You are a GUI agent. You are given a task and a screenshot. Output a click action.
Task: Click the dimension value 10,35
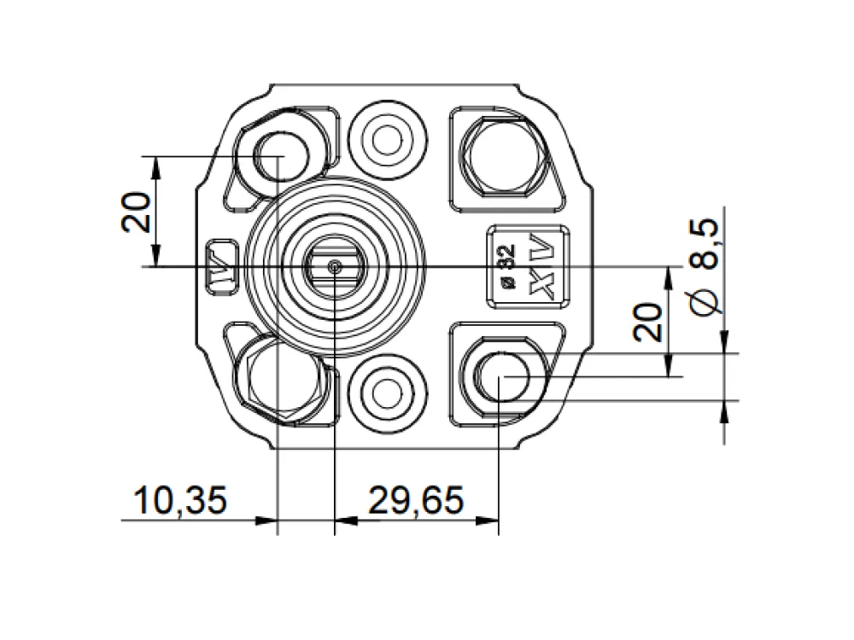pyautogui.click(x=180, y=500)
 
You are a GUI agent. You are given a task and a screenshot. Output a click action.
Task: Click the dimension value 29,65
pyautogui.click(x=417, y=500)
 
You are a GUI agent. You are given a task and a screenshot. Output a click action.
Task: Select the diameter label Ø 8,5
pyautogui.click(x=705, y=266)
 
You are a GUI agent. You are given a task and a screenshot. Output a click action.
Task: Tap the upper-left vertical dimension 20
pyautogui.click(x=135, y=212)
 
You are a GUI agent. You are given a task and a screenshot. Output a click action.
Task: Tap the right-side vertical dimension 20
pyautogui.click(x=647, y=323)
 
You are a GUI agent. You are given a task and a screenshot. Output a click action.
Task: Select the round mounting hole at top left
pyautogui.click(x=281, y=157)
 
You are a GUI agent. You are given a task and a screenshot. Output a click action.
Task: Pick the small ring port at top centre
pyautogui.click(x=387, y=141)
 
